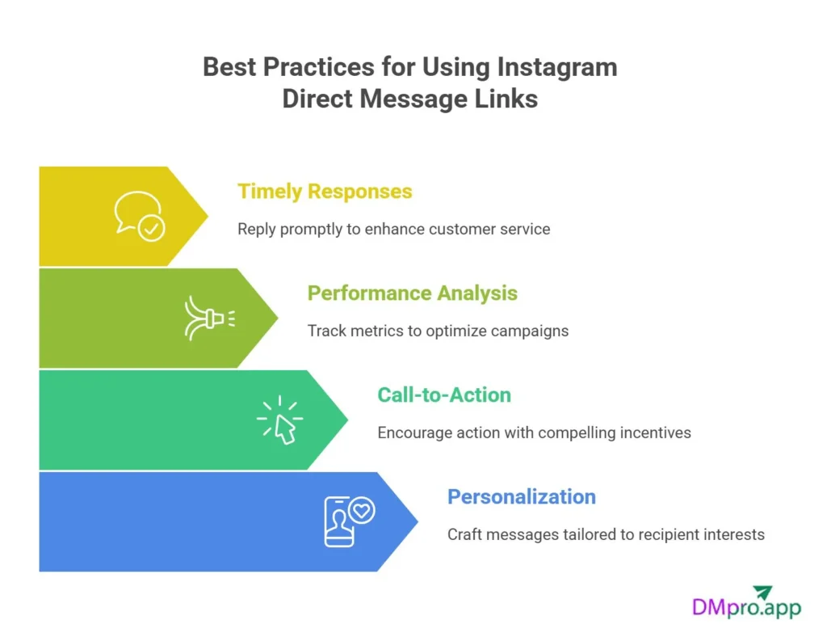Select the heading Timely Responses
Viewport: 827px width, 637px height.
[x=325, y=192]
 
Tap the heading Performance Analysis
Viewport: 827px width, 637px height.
[x=412, y=293]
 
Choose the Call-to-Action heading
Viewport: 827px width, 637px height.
[x=444, y=395]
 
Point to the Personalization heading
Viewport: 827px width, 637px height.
[x=522, y=497]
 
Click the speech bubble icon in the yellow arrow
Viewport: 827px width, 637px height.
[x=138, y=216]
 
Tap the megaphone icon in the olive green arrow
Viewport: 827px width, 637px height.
[x=208, y=318]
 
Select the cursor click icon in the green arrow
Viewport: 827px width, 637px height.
[x=279, y=420]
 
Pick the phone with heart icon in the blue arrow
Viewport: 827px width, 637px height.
[x=347, y=521]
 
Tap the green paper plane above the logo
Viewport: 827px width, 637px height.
[x=761, y=592]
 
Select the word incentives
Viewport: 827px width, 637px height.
[x=655, y=432]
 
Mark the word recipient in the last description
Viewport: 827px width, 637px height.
[x=668, y=534]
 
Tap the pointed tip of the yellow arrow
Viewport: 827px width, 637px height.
[x=207, y=216]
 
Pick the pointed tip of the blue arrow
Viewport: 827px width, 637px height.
[x=417, y=521]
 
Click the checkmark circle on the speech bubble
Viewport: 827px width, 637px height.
[x=151, y=229]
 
